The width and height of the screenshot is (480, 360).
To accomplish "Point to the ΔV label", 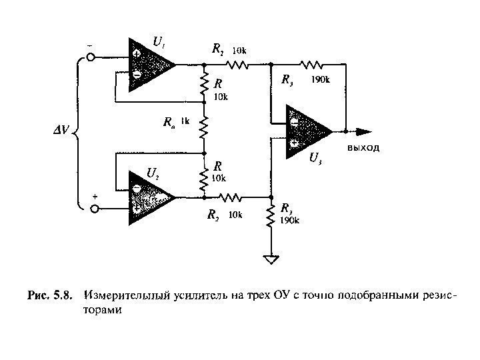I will tap(61, 130).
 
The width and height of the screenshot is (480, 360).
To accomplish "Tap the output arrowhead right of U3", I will tap(364, 131).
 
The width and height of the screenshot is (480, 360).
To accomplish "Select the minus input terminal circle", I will tap(94, 58).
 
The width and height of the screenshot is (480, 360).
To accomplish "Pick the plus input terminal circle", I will tap(94, 209).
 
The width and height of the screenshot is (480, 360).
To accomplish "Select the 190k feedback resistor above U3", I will tap(312, 65).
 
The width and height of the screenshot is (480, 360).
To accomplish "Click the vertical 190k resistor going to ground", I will tap(271, 217).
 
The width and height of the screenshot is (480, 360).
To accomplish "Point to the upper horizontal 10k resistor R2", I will tap(237, 65).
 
